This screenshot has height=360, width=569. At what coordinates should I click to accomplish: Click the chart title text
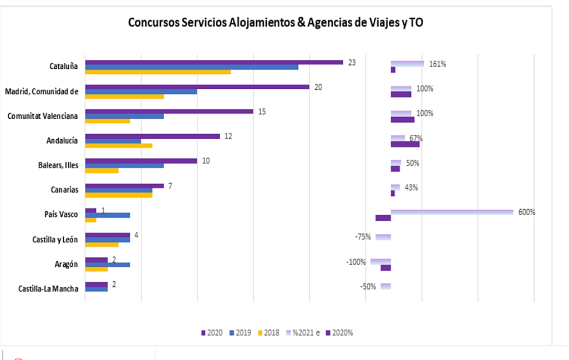click(276, 23)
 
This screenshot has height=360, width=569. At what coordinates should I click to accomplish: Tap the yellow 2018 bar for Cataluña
click(158, 72)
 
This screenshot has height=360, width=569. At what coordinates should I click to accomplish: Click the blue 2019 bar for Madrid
click(141, 92)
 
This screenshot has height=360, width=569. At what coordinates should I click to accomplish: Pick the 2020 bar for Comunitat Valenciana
click(169, 111)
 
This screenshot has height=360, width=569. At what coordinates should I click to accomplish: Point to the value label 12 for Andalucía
click(228, 136)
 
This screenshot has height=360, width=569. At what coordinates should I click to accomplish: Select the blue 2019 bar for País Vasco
click(108, 215)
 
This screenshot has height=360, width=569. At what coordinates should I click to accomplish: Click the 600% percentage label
click(527, 212)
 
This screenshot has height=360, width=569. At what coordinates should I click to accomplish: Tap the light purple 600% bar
click(452, 212)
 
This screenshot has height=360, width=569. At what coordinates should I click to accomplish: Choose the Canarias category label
click(64, 190)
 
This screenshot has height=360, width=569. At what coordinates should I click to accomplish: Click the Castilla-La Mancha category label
click(48, 288)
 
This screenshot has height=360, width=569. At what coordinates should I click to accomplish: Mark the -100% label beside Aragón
click(355, 262)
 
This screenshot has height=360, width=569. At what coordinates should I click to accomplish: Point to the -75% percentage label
click(363, 237)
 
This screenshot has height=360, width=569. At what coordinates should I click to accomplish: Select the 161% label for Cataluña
click(438, 64)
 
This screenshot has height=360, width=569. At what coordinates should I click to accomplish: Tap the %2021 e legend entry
click(303, 333)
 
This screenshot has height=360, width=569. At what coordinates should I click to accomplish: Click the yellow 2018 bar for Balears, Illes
click(101, 170)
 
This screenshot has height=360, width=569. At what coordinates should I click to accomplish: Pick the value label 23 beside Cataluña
click(352, 62)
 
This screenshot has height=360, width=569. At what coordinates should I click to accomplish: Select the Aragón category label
click(65, 265)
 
